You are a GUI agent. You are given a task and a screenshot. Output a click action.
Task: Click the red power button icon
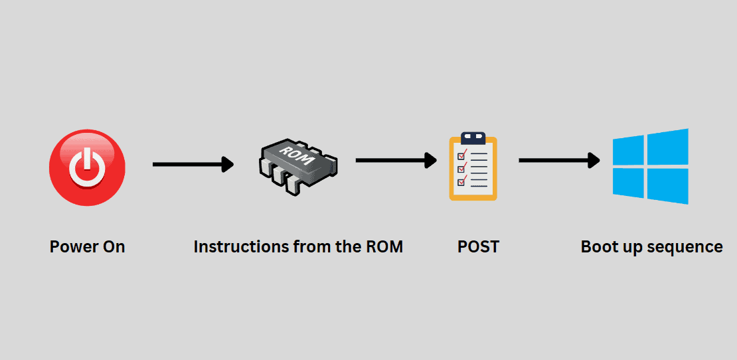(87, 167)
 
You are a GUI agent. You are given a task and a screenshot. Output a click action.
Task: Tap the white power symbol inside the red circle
(87, 166)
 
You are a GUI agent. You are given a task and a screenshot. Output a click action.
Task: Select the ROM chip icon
(298, 165)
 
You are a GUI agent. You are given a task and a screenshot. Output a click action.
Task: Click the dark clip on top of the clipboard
(473, 138)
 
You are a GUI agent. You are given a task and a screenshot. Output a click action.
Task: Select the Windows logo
(650, 166)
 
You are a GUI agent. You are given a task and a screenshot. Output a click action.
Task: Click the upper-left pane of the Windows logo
(629, 149)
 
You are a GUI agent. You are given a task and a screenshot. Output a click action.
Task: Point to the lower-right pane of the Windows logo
(668, 185)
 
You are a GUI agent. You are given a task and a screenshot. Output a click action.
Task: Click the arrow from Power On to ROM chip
(193, 164)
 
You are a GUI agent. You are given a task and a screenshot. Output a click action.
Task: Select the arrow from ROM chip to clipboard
(396, 160)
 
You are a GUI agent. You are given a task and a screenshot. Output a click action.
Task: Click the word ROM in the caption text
(384, 247)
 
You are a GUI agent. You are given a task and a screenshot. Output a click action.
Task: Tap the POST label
(478, 247)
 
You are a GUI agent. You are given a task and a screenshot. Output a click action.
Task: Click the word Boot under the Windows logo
(600, 247)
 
